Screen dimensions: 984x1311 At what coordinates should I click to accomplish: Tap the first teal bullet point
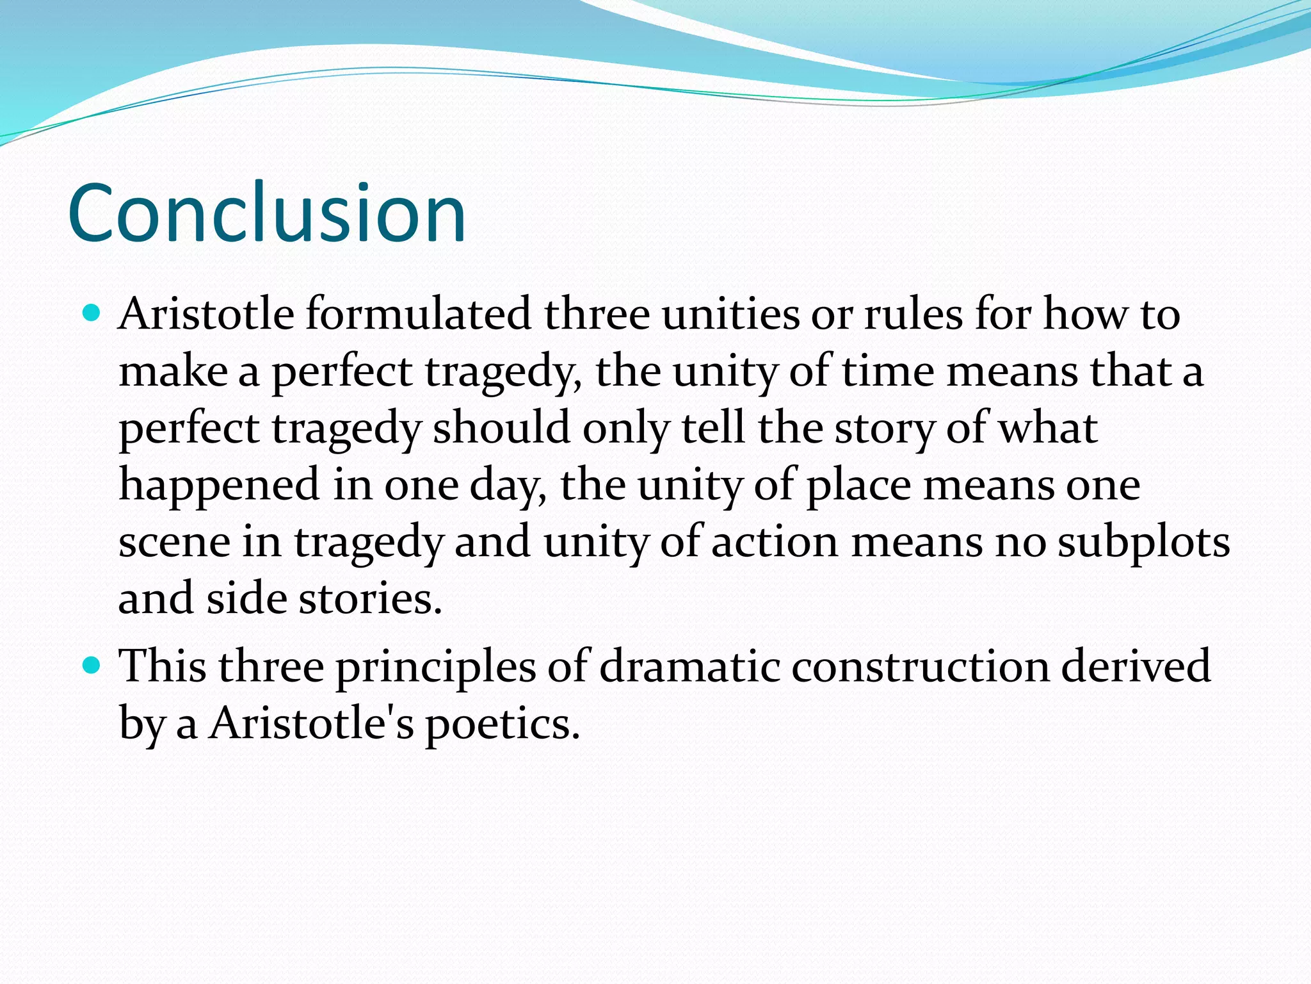click(x=93, y=313)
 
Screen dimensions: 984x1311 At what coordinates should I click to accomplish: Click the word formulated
click(x=419, y=314)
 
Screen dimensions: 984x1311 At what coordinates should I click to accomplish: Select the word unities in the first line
click(x=730, y=314)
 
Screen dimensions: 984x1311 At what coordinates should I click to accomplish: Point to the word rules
click(x=913, y=314)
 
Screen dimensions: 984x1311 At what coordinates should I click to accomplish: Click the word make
click(x=173, y=371)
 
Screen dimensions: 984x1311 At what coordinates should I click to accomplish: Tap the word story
click(x=883, y=429)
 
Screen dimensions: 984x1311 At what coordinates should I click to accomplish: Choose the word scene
click(x=174, y=542)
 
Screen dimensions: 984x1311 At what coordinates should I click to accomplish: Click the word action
click(x=775, y=542)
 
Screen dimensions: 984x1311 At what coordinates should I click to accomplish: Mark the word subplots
click(x=1143, y=542)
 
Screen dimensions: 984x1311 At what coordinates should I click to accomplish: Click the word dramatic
click(x=689, y=666)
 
